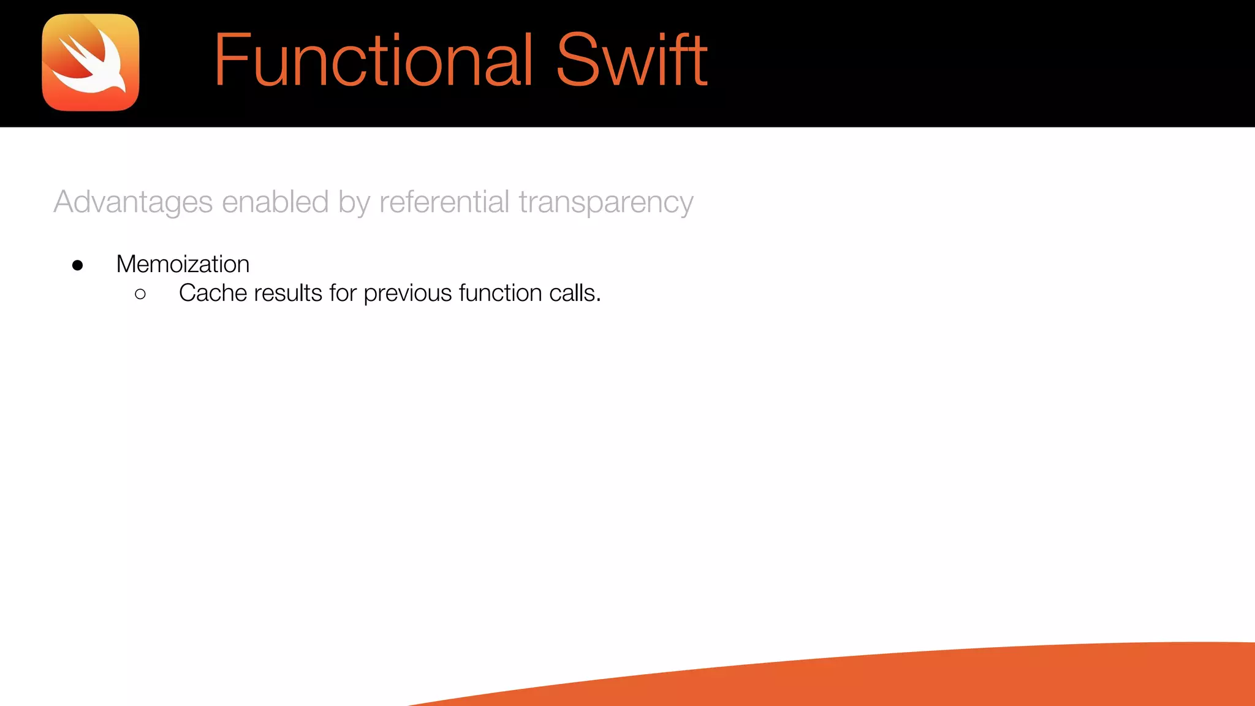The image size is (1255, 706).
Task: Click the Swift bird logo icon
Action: pyautogui.click(x=91, y=63)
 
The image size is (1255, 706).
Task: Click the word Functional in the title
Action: pyautogui.click(x=373, y=60)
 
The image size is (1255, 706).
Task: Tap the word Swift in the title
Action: pyautogui.click(x=631, y=60)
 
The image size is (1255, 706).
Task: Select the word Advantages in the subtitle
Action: pyautogui.click(x=133, y=202)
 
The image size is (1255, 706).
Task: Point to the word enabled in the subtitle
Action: pyautogui.click(x=275, y=202)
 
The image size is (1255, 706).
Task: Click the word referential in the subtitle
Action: pyautogui.click(x=444, y=202)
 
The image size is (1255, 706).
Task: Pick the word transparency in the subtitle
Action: pyautogui.click(x=605, y=203)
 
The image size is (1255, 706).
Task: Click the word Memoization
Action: pyautogui.click(x=183, y=264)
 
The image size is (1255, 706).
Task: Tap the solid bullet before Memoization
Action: pyautogui.click(x=77, y=265)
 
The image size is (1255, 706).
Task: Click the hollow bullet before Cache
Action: pyautogui.click(x=140, y=295)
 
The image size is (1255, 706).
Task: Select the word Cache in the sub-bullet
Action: pyautogui.click(x=213, y=293)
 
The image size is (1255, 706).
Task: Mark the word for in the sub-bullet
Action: pyautogui.click(x=343, y=293)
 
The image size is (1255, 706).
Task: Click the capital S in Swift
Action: pyautogui.click(x=577, y=60)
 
